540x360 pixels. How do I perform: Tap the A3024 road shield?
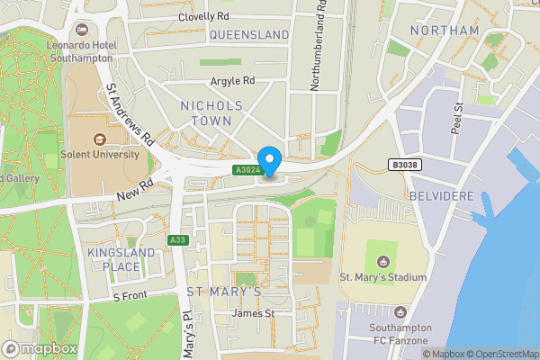coord(248,170)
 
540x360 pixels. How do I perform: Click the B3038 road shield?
coord(405,165)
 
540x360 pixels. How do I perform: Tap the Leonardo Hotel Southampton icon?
coord(83,30)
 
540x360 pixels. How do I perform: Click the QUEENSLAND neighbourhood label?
coord(249,35)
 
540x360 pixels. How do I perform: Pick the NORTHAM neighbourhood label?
coord(444,31)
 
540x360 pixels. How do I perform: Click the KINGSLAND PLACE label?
coord(114,260)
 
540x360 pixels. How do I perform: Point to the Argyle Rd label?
coord(233,81)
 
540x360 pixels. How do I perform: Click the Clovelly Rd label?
coord(203,17)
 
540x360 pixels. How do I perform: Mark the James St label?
coord(252,313)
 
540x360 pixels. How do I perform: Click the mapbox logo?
coord(40,348)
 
